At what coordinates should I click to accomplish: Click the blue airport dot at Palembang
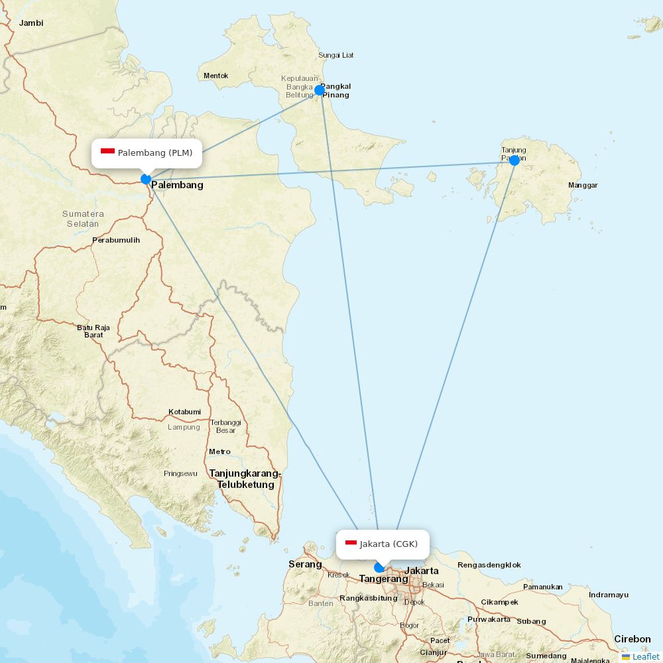pos(146,179)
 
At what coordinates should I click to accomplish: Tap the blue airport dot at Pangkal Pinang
pos(319,90)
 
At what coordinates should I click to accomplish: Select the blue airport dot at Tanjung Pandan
pos(514,160)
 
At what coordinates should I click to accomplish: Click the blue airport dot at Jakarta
pos(379,568)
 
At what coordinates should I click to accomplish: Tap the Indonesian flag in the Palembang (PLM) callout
pos(107,152)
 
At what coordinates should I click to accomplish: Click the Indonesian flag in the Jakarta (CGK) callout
pos(351,544)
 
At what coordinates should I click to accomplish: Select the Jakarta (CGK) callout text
pos(389,544)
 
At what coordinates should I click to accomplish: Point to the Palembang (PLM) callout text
pos(155,153)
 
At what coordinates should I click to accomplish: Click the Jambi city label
pos(31,23)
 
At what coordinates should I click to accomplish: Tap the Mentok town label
pos(215,76)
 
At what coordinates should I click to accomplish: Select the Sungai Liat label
pos(336,55)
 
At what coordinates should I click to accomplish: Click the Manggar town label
pos(583,185)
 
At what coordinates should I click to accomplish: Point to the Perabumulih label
pos(116,240)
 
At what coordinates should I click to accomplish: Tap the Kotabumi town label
pos(184,412)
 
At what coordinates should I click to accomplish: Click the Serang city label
pos(305,564)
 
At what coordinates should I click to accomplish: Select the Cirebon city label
pos(632,639)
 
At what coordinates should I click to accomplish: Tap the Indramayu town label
pos(608,595)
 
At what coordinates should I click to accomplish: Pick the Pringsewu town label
pos(180,473)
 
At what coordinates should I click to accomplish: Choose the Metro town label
pos(219,452)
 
